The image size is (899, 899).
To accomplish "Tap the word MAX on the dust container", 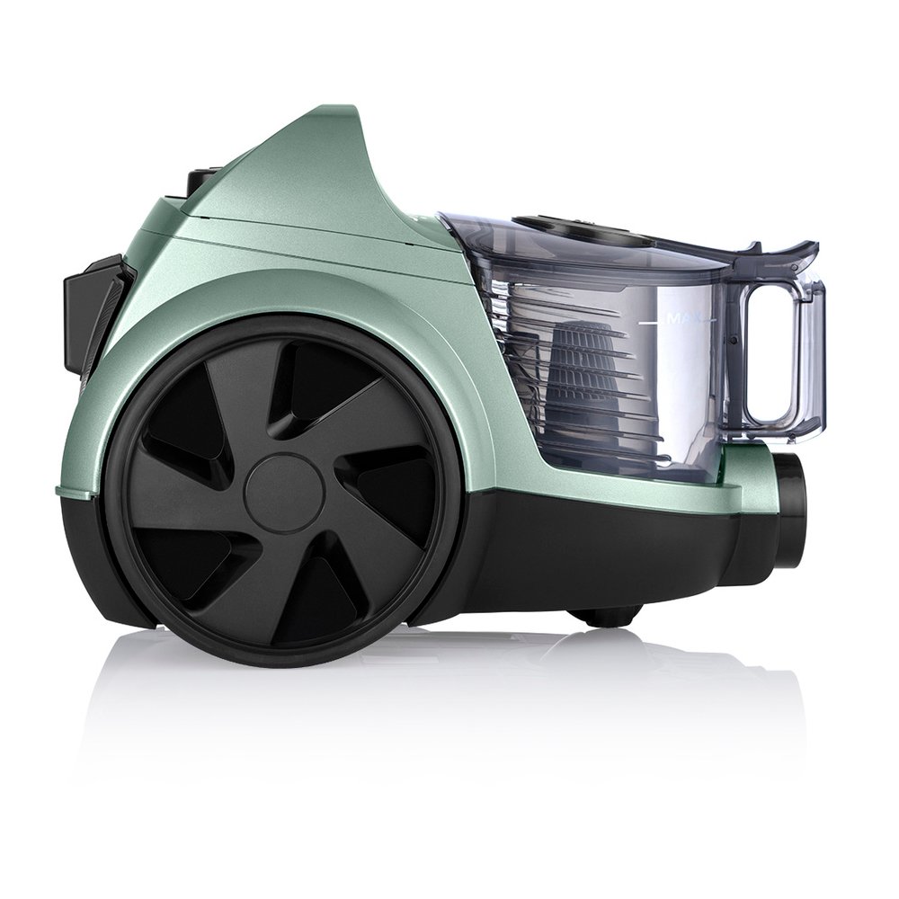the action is click(686, 319).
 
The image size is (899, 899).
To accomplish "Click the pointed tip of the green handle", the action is click(353, 107).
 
